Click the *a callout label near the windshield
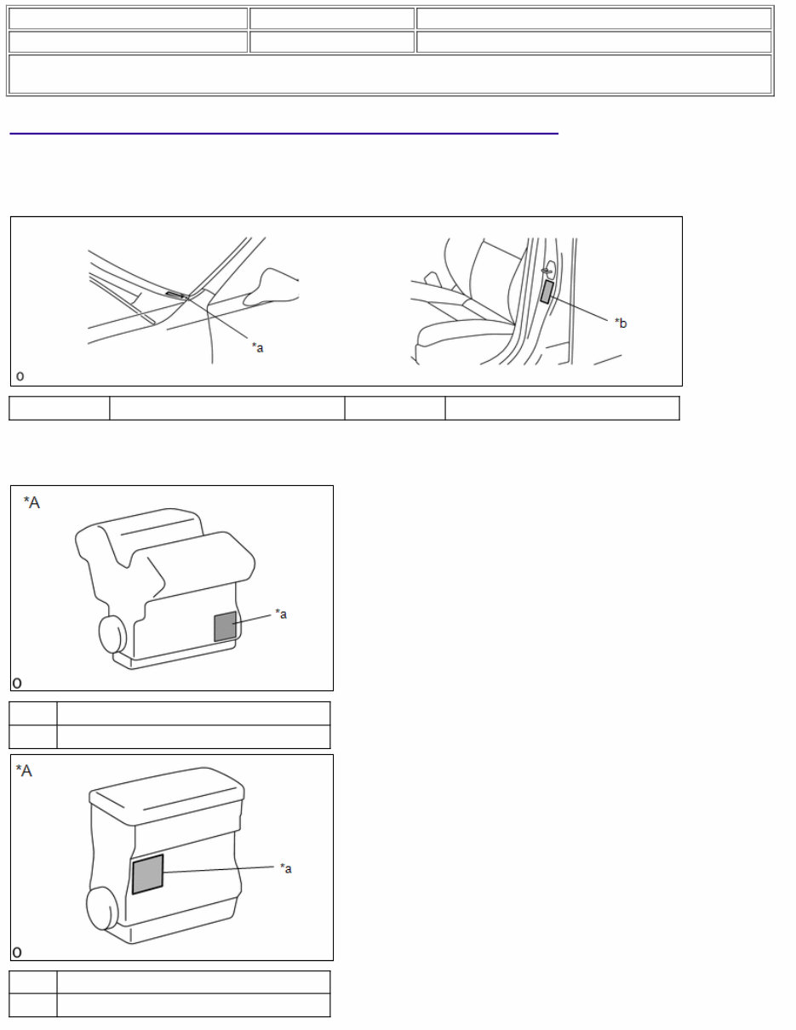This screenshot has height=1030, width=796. click(x=257, y=347)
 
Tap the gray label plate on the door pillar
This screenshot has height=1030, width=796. click(x=547, y=292)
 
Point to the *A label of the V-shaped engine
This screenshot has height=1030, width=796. click(x=31, y=503)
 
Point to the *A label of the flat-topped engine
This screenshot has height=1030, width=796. click(x=25, y=771)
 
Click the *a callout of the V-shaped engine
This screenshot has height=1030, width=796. click(x=281, y=614)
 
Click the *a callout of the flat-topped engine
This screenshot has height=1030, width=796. click(x=286, y=868)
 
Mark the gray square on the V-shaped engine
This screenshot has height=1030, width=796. click(x=225, y=626)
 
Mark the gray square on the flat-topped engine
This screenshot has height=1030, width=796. click(x=147, y=874)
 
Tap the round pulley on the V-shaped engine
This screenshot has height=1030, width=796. click(x=113, y=634)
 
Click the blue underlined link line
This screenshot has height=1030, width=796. click(x=283, y=133)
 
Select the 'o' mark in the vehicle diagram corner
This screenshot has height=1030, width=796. click(x=20, y=376)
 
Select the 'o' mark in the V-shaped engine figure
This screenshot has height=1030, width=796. click(x=17, y=682)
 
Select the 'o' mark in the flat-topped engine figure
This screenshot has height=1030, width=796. click(x=17, y=952)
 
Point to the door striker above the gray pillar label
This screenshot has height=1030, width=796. click(x=547, y=272)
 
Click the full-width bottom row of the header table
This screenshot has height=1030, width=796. click(x=390, y=74)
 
